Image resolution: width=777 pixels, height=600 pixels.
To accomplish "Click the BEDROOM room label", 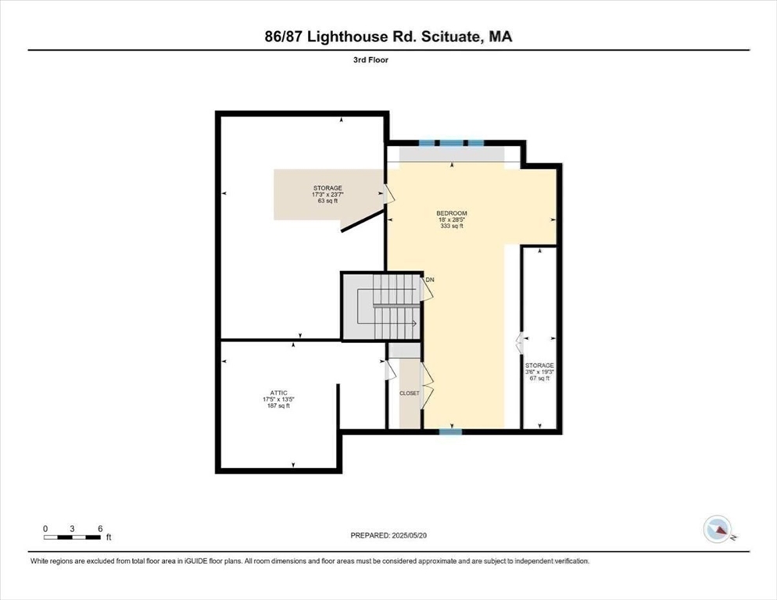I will (452, 213).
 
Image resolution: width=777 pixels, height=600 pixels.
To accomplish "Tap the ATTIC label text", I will (278, 393).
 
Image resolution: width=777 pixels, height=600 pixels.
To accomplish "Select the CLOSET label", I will (409, 393).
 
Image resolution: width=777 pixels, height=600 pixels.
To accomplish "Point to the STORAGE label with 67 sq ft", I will (539, 366).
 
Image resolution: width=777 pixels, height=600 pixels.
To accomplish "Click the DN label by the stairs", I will (430, 279).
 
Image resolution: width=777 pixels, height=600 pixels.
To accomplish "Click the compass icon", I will (718, 530).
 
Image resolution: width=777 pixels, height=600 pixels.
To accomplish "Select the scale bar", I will (72, 537).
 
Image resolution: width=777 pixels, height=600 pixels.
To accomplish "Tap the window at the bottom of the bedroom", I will (449, 430).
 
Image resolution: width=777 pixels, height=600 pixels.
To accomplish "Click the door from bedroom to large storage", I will (388, 194).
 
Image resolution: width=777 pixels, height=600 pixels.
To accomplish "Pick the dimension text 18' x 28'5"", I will (452, 220).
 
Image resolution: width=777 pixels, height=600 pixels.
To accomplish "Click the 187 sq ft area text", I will (278, 406).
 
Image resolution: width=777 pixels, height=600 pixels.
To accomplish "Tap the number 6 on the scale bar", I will (100, 528).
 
